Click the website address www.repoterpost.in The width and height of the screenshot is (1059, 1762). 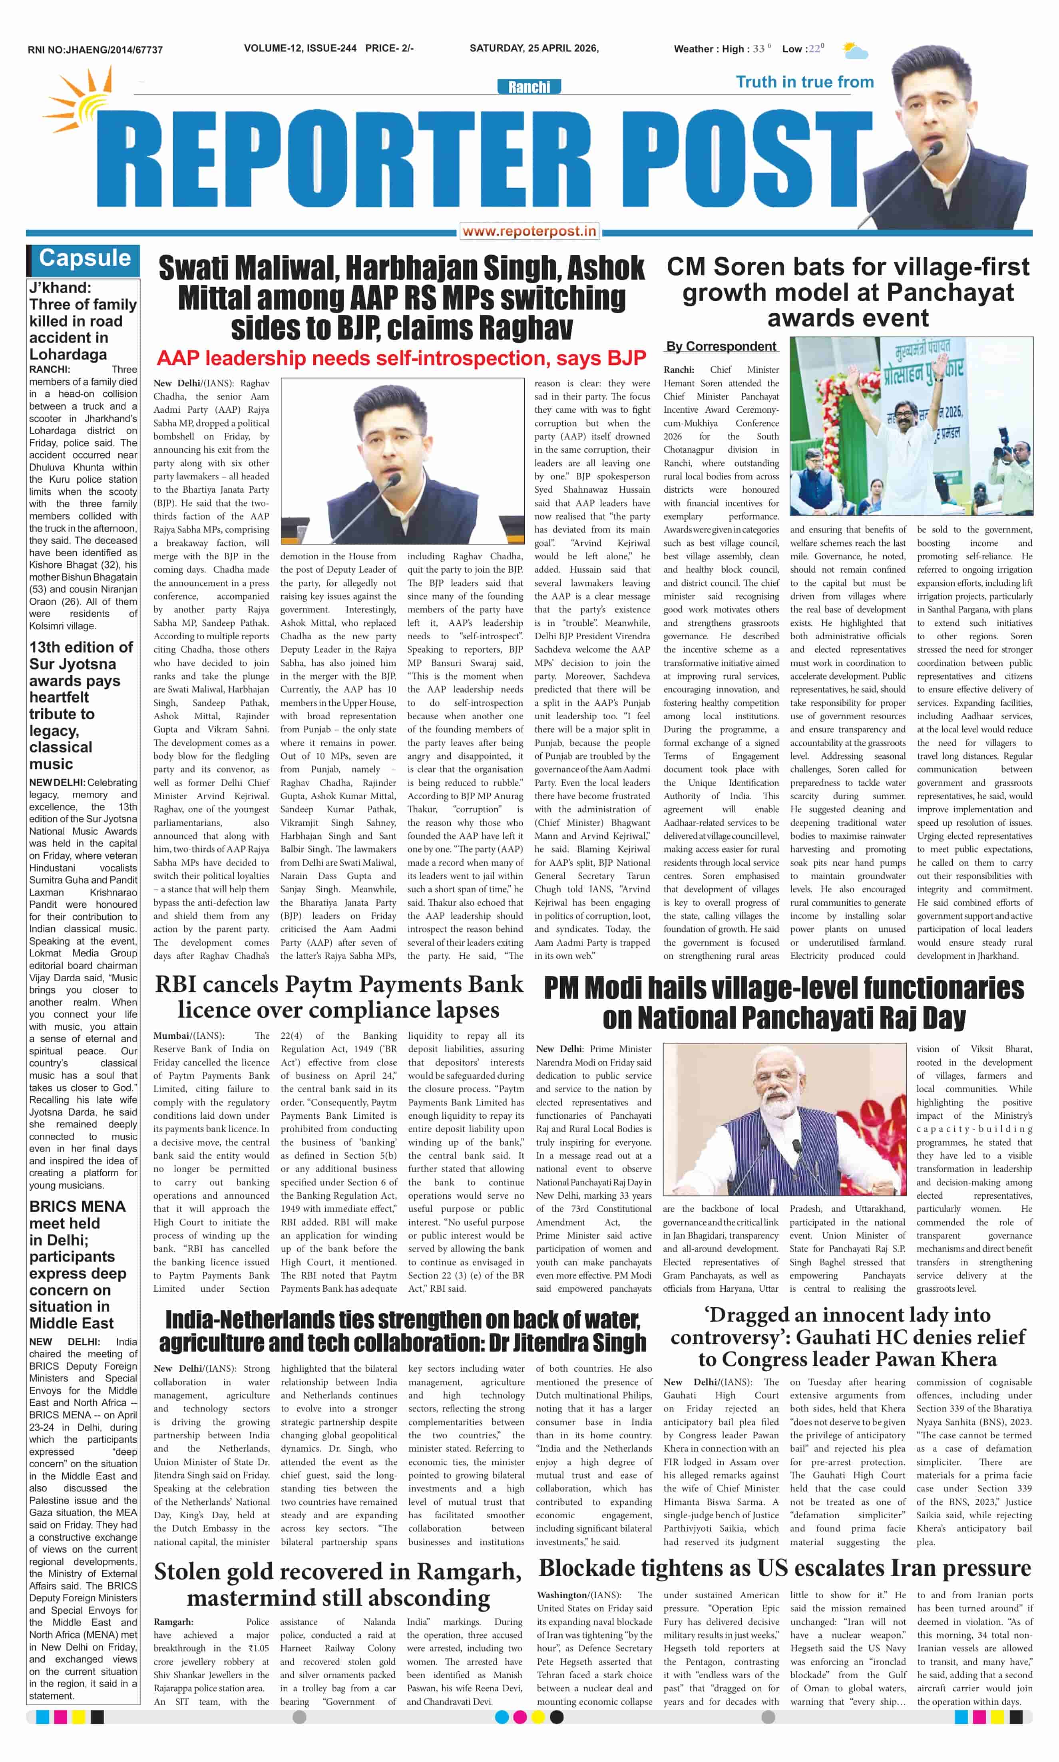[x=529, y=231]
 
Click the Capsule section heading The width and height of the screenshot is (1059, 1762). [x=84, y=258]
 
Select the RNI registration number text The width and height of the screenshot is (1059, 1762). [x=95, y=50]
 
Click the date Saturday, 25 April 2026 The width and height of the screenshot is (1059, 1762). [x=534, y=48]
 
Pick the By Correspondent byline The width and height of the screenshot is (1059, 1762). [x=721, y=347]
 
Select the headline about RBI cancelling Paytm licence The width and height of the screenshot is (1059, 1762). [x=339, y=996]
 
